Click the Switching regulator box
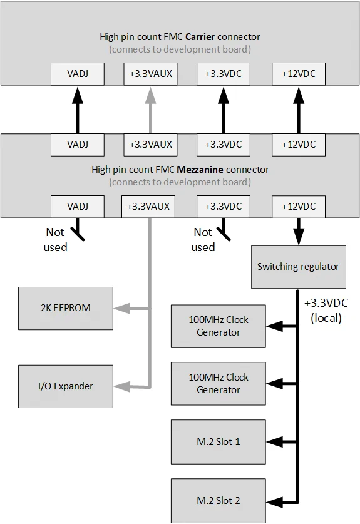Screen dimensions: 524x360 point(298,267)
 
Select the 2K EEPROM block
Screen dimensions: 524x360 point(66,308)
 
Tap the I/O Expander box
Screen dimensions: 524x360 point(66,386)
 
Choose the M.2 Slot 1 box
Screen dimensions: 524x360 point(219,442)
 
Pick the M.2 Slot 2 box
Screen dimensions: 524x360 point(219,500)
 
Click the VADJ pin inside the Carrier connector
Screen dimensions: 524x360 point(78,74)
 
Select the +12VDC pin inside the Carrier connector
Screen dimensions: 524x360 point(298,74)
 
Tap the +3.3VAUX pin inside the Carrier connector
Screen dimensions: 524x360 point(150,74)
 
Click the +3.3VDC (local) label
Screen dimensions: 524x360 point(326,311)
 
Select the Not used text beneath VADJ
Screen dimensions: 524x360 point(55,240)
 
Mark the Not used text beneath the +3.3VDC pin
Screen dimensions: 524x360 point(203,240)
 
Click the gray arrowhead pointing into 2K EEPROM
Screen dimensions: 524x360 point(120,308)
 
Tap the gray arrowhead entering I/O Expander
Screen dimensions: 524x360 point(120,386)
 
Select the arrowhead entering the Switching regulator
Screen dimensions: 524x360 point(298,239)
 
